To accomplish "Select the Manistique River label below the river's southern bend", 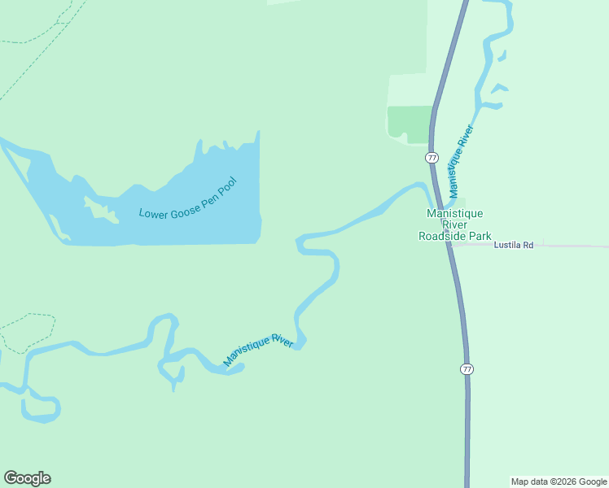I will tap(258, 351).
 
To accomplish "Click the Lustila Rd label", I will tap(513, 244).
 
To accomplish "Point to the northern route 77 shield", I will tap(432, 157).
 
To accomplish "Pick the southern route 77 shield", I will tap(467, 369).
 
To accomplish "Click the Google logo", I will tap(27, 478).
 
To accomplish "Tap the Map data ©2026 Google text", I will tap(559, 481).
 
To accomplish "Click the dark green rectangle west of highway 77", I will tap(409, 122).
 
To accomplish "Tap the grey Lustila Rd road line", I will tap(570, 246).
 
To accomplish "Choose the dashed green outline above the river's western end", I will tap(33, 325).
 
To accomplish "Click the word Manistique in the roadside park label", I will tap(455, 213).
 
